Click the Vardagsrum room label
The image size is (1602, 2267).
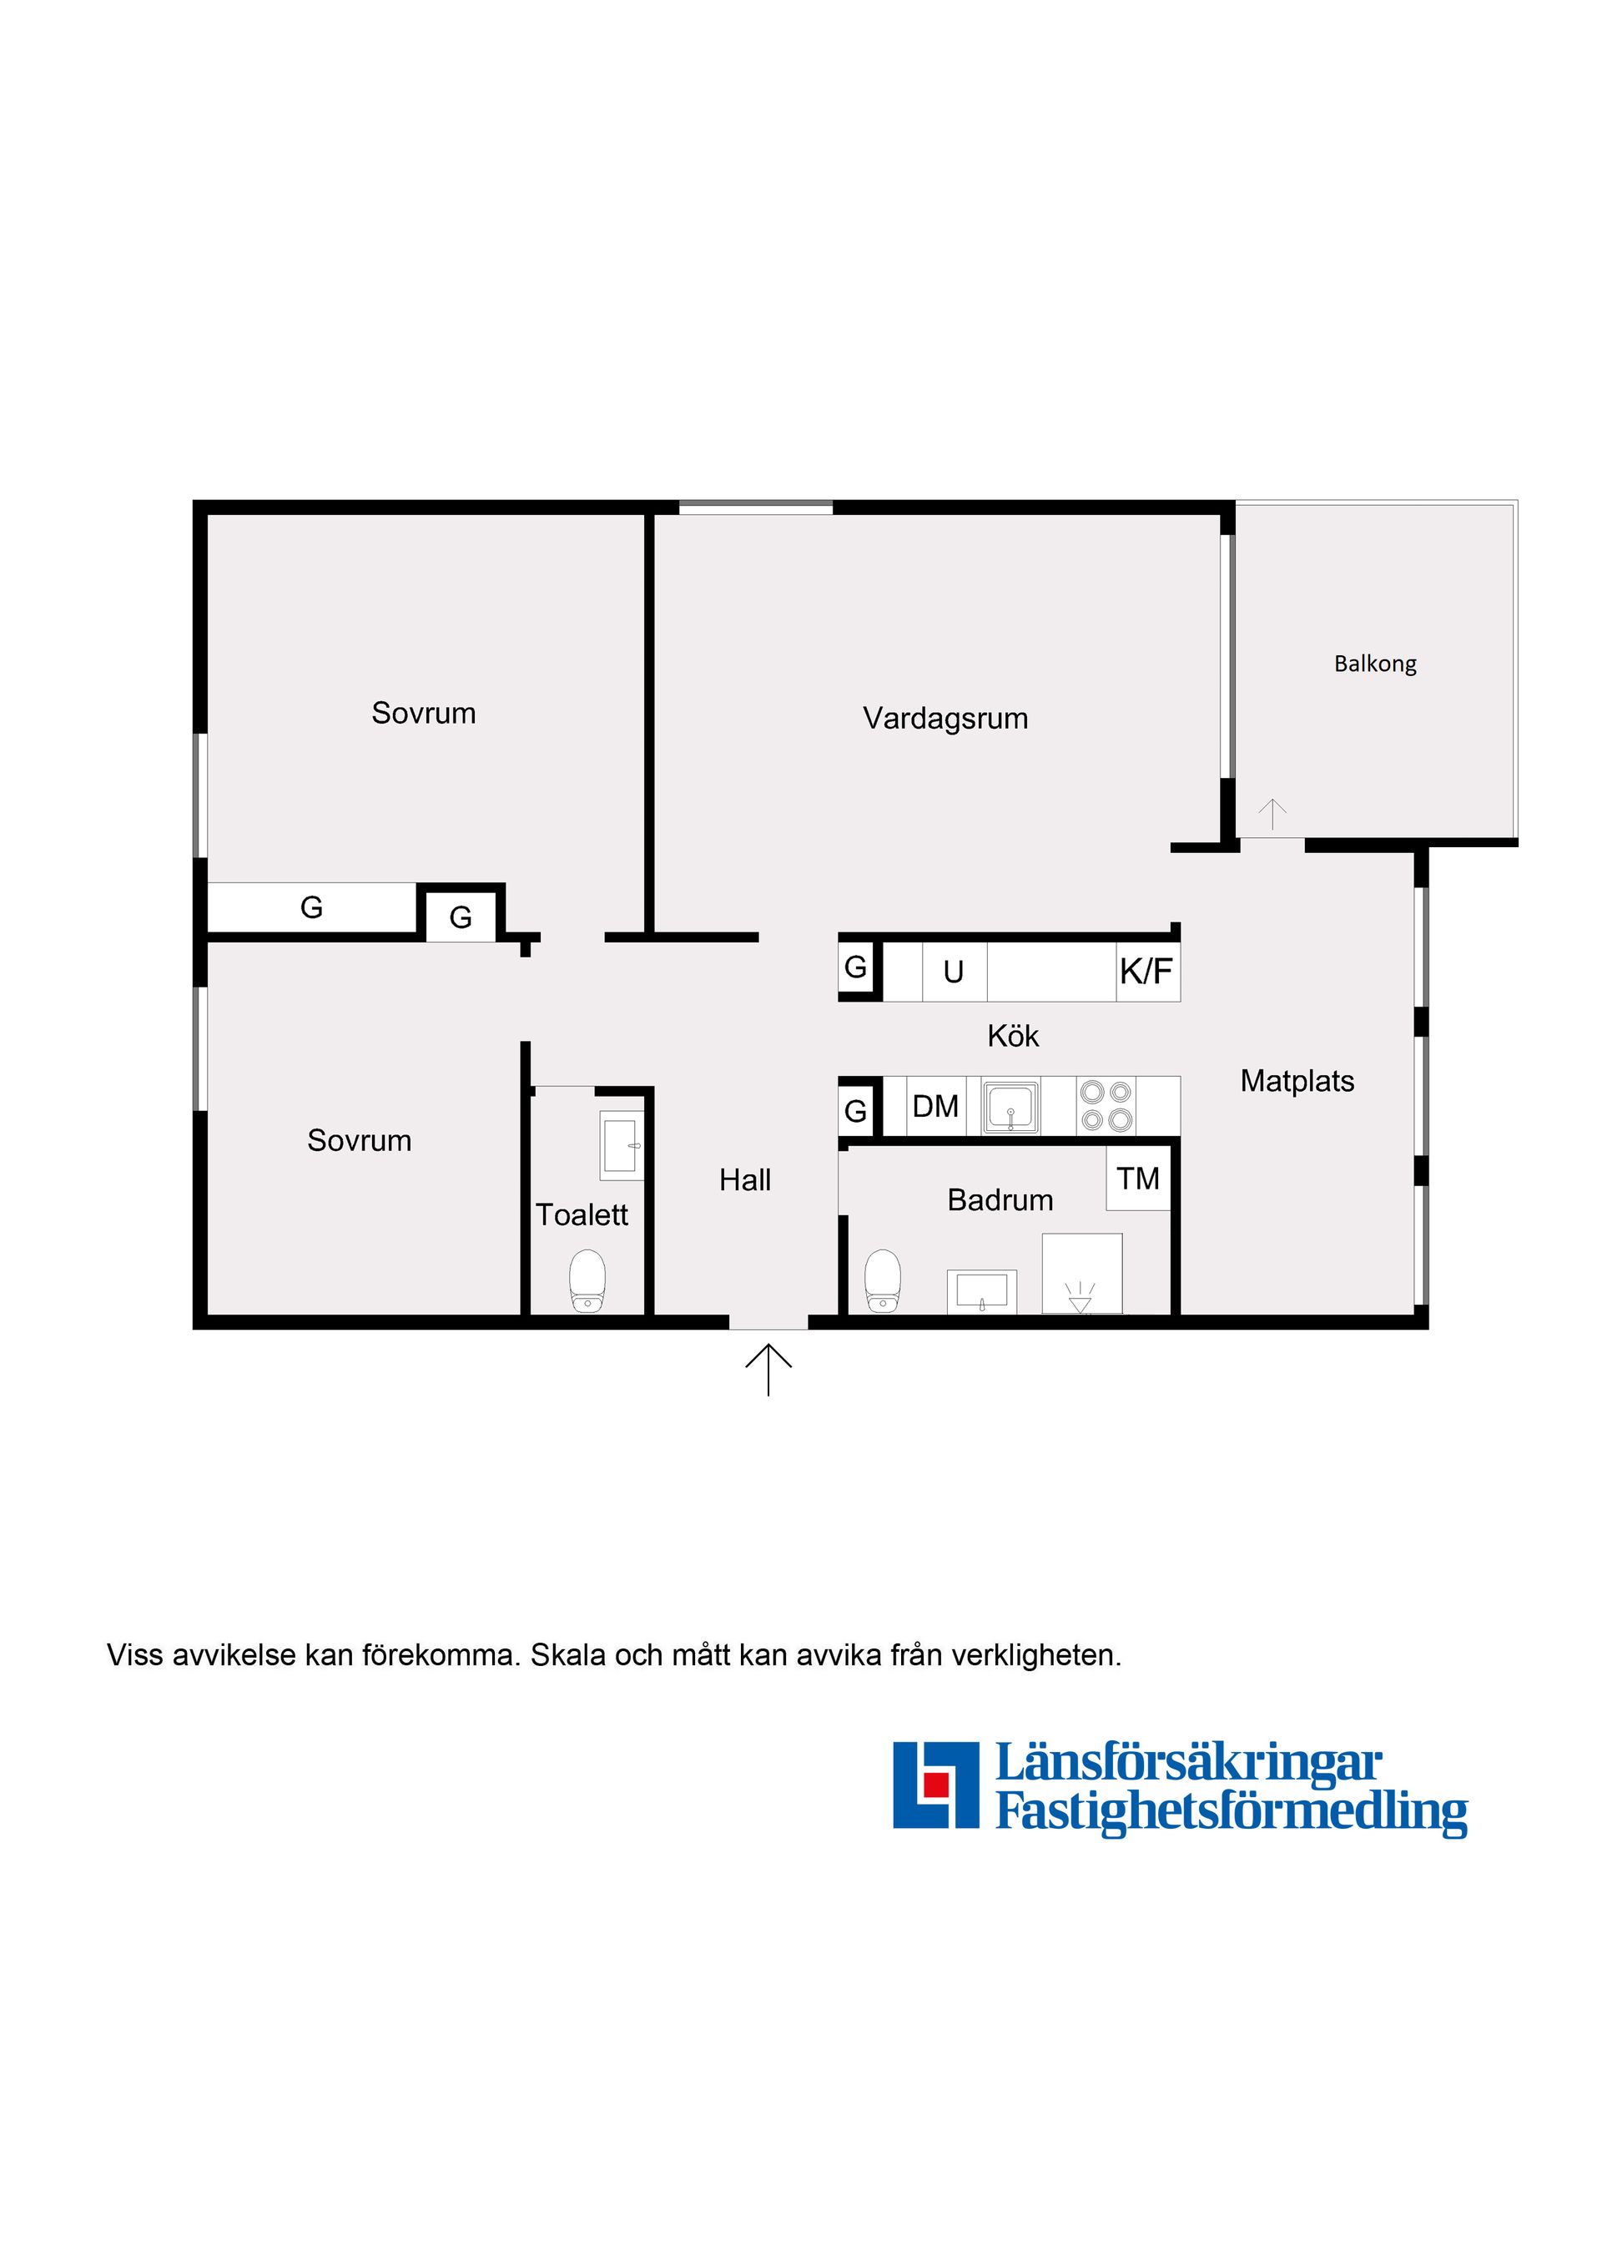click(x=945, y=719)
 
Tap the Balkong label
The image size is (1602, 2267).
click(x=1375, y=664)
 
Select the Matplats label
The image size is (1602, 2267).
click(x=1297, y=1081)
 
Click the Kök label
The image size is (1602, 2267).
click(x=1013, y=1036)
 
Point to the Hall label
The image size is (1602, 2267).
click(x=745, y=1180)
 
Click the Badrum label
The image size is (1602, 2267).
click(x=1000, y=1199)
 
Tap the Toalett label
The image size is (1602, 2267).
click(x=582, y=1214)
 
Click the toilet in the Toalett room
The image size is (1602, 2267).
click(x=587, y=1280)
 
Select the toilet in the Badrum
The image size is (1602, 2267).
click(x=883, y=1280)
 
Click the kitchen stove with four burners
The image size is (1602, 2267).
click(x=1106, y=1106)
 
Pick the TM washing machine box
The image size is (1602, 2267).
click(x=1138, y=1178)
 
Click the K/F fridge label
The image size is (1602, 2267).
click(x=1146, y=972)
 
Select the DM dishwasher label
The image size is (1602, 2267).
click(x=934, y=1107)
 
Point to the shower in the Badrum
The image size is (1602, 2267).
click(x=1082, y=1274)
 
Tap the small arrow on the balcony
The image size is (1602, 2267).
click(x=1272, y=814)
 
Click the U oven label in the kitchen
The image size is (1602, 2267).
click(x=953, y=972)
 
